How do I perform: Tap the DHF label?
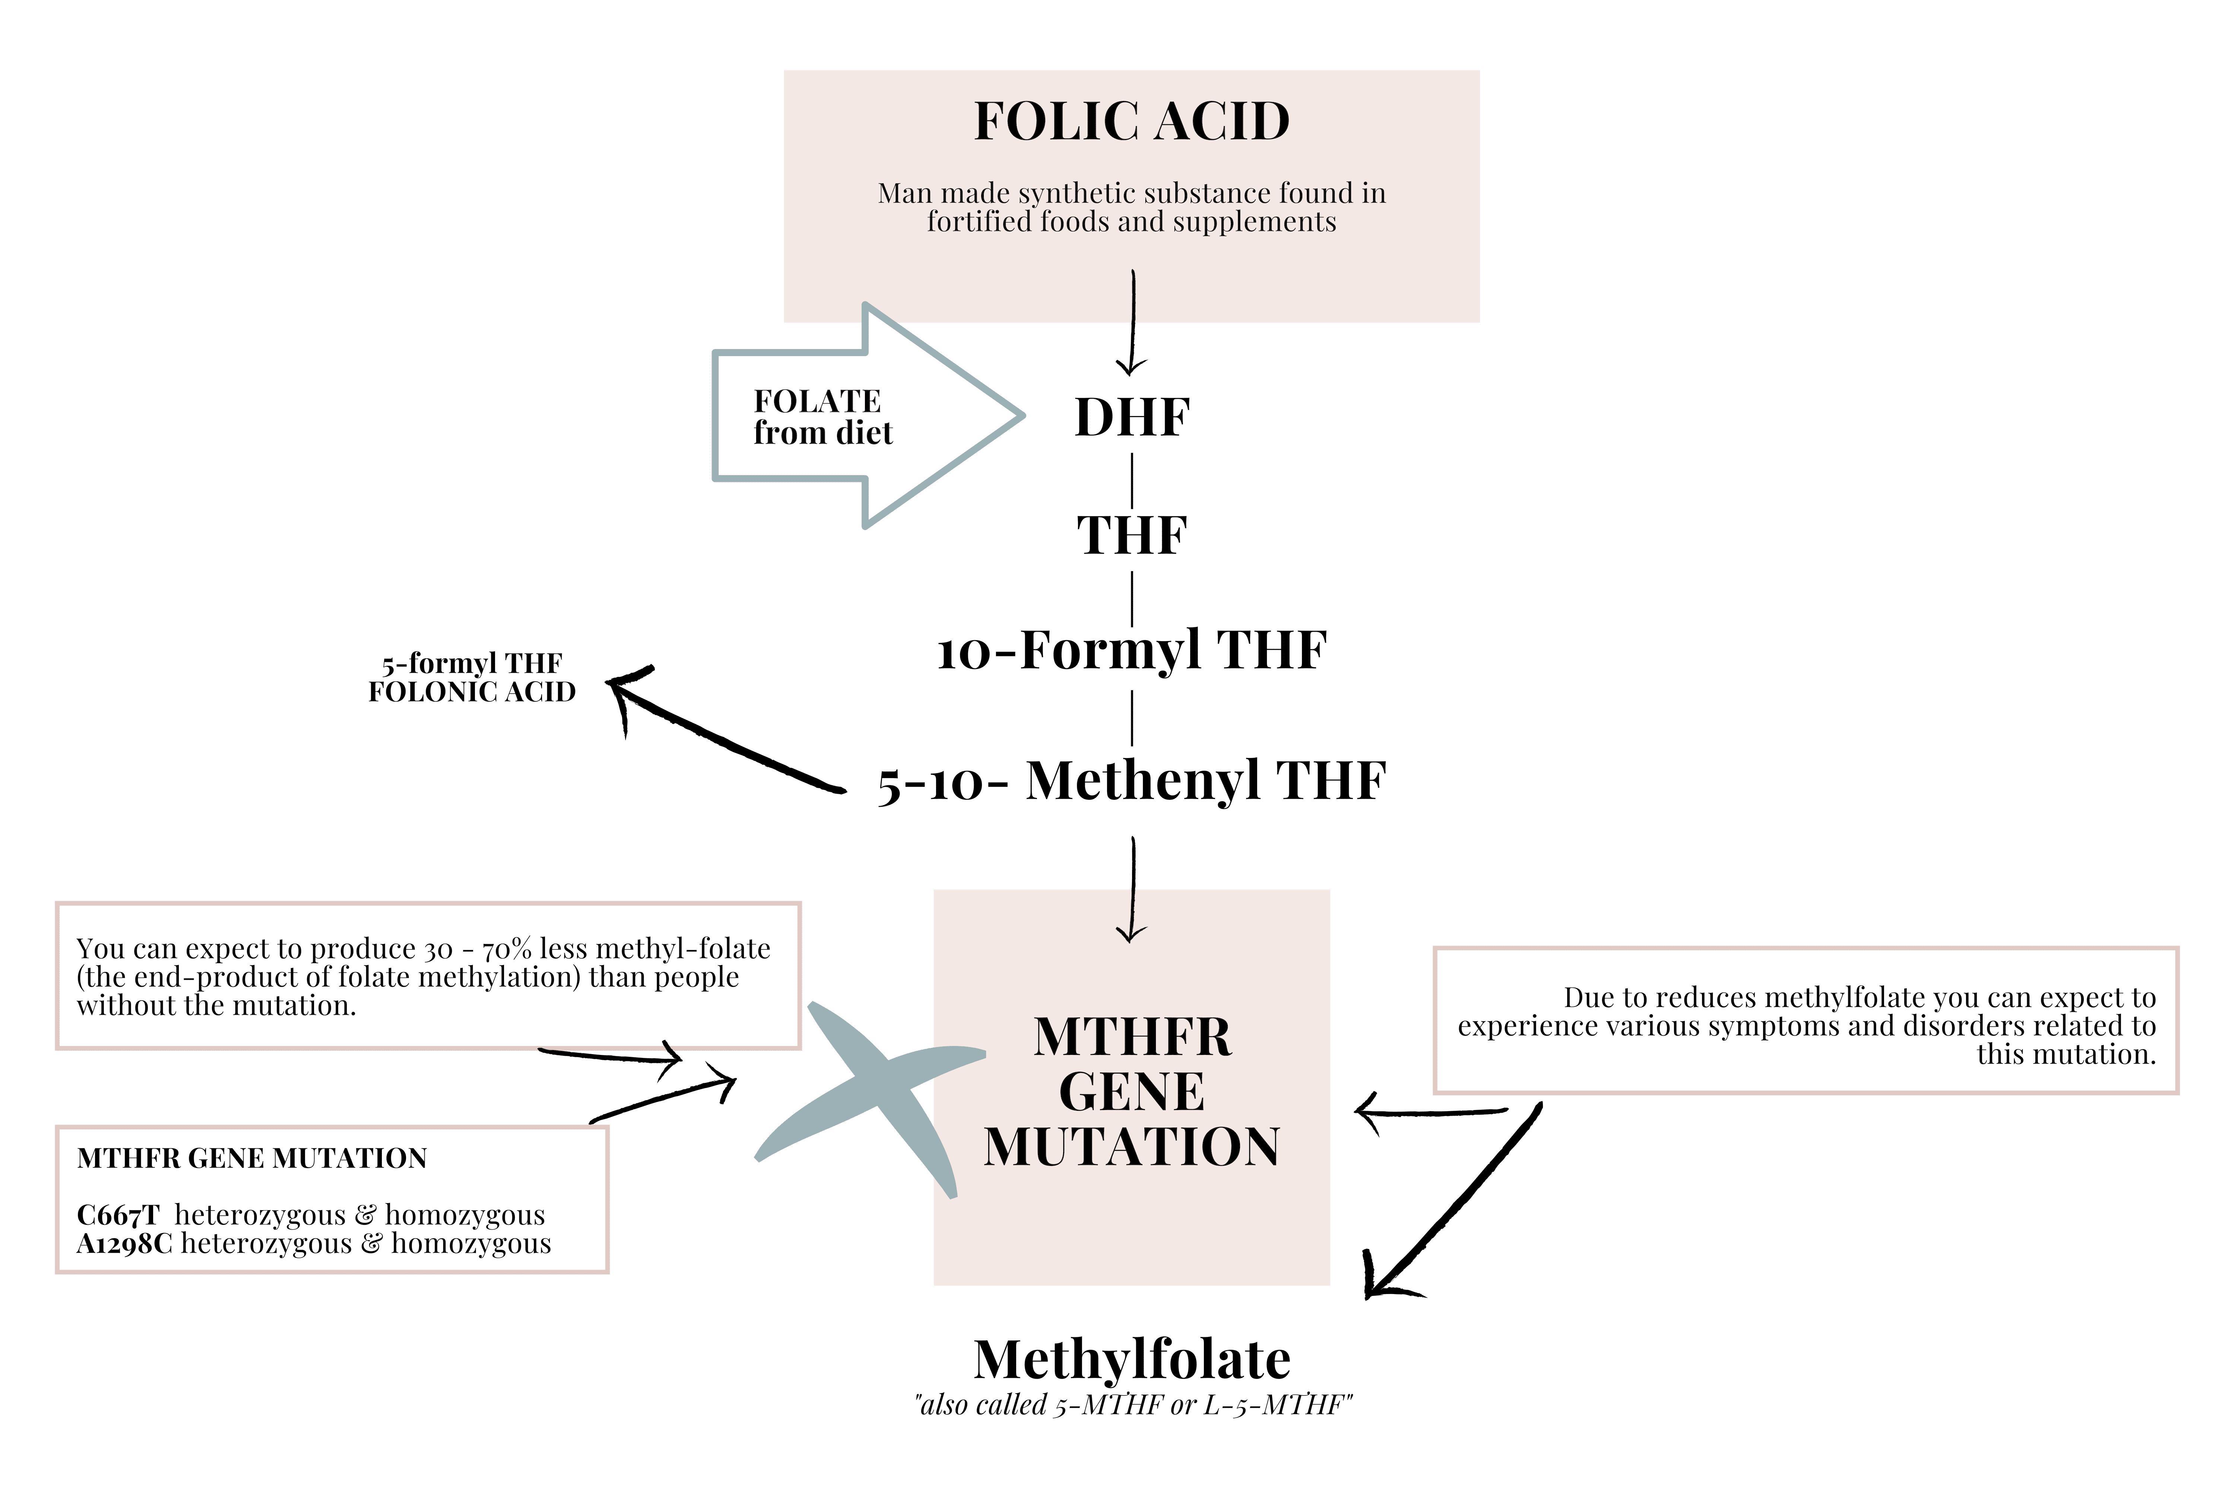click(1132, 417)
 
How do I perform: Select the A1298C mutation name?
click(124, 1244)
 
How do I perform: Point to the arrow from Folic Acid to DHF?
click(1133, 323)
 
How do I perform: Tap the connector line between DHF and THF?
click(1132, 480)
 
